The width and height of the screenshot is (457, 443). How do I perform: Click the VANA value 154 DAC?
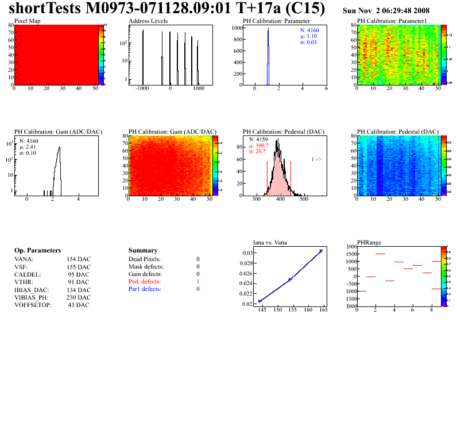pos(78,259)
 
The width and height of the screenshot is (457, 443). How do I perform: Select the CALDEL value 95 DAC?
pos(78,274)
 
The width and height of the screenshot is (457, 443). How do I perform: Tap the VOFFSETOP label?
pos(33,304)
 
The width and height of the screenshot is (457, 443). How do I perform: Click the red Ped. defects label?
pos(145,282)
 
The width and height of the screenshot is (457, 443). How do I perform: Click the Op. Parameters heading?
pos(37,251)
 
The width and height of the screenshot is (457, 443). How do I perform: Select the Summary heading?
pos(143,251)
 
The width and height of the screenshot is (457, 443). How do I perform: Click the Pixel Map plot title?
pos(27,21)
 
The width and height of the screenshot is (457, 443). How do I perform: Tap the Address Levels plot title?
pos(148,21)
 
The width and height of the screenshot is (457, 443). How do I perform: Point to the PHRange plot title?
pos(369,243)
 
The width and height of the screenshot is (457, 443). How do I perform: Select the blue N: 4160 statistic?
pos(310,30)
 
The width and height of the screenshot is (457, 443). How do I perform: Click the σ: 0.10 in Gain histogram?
pos(30,153)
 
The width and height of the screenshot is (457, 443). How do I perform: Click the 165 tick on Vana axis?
pos(323,310)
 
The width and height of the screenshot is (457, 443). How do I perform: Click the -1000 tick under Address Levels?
pos(142,90)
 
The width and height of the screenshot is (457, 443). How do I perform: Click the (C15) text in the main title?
pos(305,9)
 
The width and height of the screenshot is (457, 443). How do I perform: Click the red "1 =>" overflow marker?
pos(316,159)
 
